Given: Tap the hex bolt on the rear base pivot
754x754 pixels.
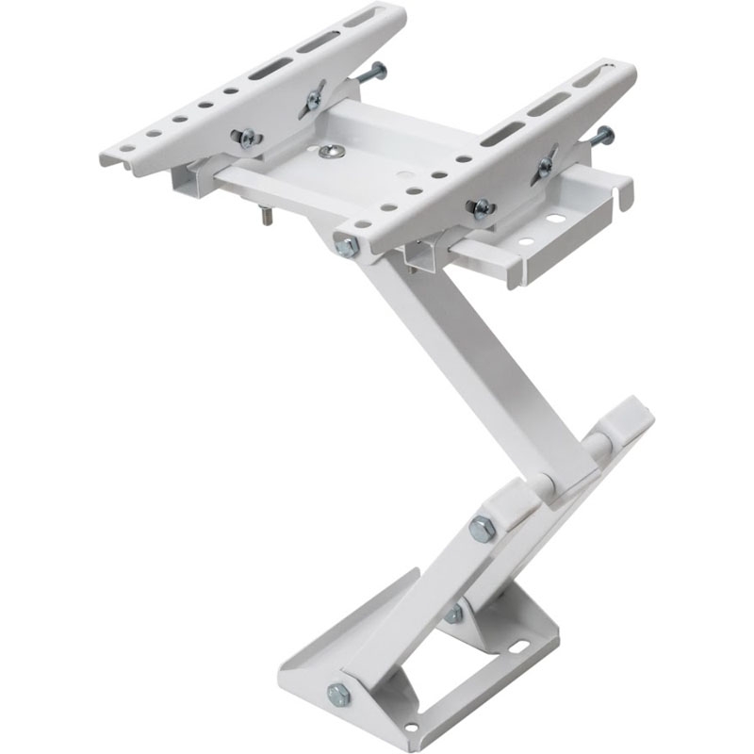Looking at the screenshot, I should point(454,614).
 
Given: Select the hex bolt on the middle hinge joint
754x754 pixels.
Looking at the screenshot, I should point(482,530).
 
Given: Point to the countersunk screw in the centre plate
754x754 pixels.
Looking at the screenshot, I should point(328,151).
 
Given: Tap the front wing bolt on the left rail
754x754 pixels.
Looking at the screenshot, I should point(248,139).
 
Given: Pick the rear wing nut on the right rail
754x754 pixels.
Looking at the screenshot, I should point(544,168).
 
